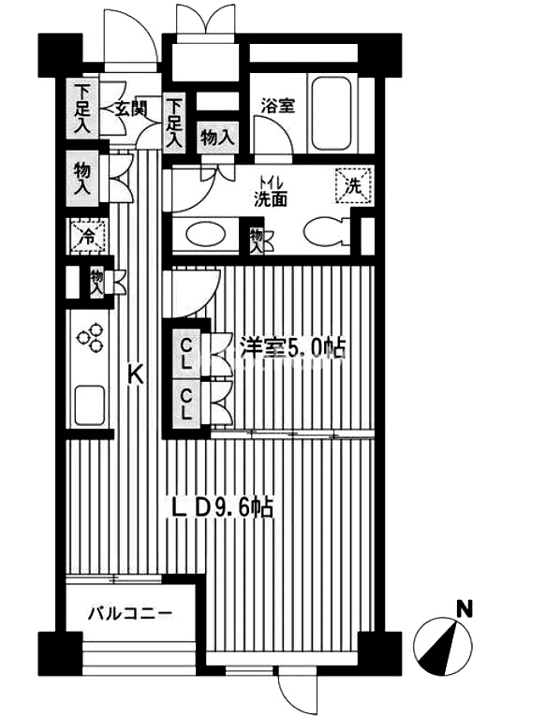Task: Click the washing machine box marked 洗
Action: (x=354, y=185)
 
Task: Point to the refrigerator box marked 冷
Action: (x=89, y=236)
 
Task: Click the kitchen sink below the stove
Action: (x=90, y=405)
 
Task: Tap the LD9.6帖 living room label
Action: (x=223, y=507)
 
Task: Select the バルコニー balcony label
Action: (x=131, y=612)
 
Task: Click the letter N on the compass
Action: (x=465, y=609)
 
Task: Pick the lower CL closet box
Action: (x=186, y=403)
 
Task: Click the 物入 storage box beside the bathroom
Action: (x=218, y=137)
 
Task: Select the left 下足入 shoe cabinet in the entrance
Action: (x=81, y=110)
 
